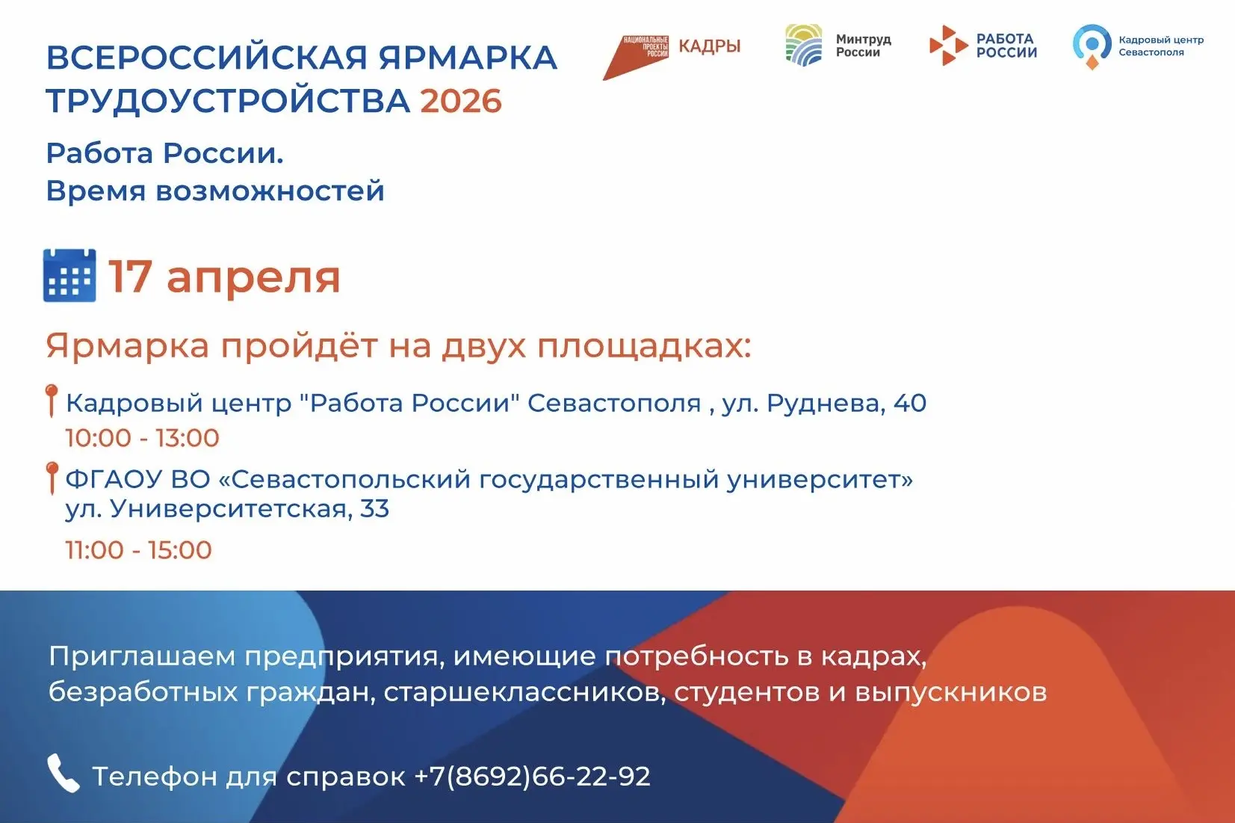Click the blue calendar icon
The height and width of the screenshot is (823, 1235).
coord(69,275)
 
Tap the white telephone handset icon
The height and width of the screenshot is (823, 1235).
coord(64,774)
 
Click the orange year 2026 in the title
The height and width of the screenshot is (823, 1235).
coord(461,101)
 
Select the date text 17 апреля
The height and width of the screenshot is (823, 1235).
coord(224,277)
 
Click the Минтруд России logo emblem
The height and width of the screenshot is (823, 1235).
coord(804,46)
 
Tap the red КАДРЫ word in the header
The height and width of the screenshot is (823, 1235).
coord(710,46)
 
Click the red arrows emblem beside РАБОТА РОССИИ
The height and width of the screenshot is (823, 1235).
coord(948,46)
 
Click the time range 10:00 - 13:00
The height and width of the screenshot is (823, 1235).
coord(143,438)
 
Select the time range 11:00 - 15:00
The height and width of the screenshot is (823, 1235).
coord(139,550)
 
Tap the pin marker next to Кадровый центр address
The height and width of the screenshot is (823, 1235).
coord(52,401)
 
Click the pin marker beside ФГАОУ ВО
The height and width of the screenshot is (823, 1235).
coord(52,478)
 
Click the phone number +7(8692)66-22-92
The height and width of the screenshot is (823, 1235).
coord(532,776)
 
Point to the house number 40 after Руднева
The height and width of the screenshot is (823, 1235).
coord(910,403)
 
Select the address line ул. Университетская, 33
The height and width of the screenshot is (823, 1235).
coord(227,508)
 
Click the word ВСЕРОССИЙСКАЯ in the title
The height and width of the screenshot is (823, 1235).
coord(207,58)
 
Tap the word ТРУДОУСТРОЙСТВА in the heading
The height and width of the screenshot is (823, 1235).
coord(229,101)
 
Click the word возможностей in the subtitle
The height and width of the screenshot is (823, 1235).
coord(270,191)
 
